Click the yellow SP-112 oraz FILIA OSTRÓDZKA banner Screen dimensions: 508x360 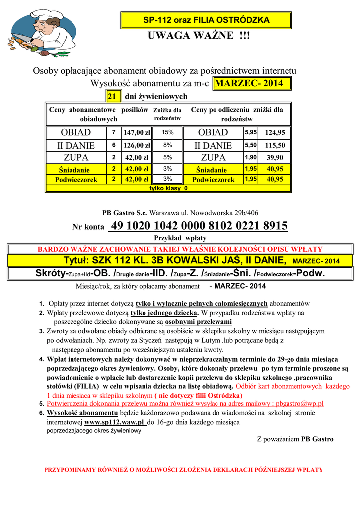[x=206, y=20]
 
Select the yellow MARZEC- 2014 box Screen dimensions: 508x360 [x=252, y=83]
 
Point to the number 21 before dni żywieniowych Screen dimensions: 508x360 [x=112, y=96]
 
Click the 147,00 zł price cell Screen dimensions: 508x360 [x=137, y=133]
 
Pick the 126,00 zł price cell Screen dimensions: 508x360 [x=137, y=145]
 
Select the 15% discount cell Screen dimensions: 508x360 [x=167, y=133]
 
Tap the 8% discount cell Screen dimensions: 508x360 [x=167, y=145]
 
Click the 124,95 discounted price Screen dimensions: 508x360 [x=275, y=133]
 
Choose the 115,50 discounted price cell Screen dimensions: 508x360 [x=275, y=145]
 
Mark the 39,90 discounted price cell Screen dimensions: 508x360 [x=275, y=158]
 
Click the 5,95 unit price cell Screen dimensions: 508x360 [x=250, y=133]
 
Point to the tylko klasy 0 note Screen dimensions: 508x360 [x=168, y=189]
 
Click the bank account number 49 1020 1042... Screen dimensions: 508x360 [x=199, y=226]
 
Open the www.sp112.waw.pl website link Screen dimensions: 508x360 [x=115, y=422]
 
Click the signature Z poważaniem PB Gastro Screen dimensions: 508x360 [x=295, y=439]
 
